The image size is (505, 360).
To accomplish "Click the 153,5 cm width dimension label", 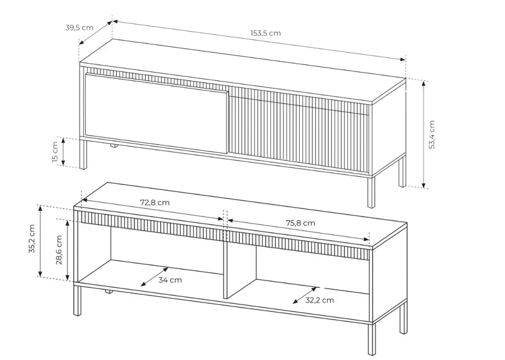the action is click(x=265, y=33).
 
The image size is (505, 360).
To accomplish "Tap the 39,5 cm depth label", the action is click(x=80, y=27).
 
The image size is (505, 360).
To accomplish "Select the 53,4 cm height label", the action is click(x=432, y=135).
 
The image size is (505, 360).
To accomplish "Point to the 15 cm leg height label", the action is click(x=55, y=152).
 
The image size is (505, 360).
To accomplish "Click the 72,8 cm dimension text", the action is click(x=155, y=202).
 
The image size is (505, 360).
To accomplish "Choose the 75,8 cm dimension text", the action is click(x=300, y=223).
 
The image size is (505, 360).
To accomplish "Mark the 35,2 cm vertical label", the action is click(x=32, y=239).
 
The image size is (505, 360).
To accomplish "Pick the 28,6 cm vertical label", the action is click(x=59, y=249).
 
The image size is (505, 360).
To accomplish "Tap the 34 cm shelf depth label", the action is click(x=170, y=280).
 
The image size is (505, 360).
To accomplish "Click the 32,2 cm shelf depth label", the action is click(x=319, y=300).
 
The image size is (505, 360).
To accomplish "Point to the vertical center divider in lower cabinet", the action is click(x=225, y=264).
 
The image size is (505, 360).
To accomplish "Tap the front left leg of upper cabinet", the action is click(x=83, y=154).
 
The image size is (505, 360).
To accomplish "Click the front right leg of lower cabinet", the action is click(x=371, y=339).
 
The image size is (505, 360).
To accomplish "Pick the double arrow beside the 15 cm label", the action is click(x=64, y=152).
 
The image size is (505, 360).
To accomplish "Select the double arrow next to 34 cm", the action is click(x=155, y=277).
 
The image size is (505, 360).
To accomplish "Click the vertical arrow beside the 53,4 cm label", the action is click(x=424, y=135).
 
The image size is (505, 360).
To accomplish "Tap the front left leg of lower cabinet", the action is click(x=77, y=301).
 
